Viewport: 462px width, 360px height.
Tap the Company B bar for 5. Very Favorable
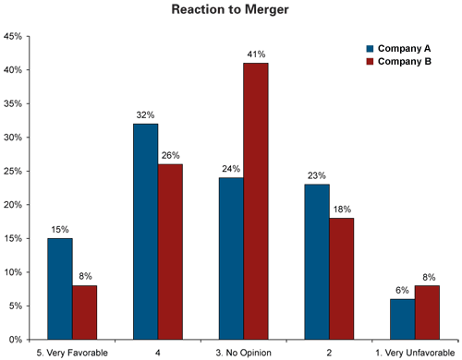pyautogui.click(x=85, y=312)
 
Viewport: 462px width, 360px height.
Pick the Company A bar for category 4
pyautogui.click(x=145, y=231)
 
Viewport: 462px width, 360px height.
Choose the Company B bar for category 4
pyautogui.click(x=170, y=251)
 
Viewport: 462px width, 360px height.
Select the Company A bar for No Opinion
pyautogui.click(x=230, y=258)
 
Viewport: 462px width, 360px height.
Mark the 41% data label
pyautogui.click(x=256, y=54)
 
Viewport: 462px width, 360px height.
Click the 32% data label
pyautogui.click(x=145, y=115)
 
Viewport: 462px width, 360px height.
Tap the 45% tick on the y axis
pyautogui.click(x=13, y=37)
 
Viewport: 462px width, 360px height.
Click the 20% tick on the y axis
pyautogui.click(x=13, y=205)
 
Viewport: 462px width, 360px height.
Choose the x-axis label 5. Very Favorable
pyautogui.click(x=73, y=351)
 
